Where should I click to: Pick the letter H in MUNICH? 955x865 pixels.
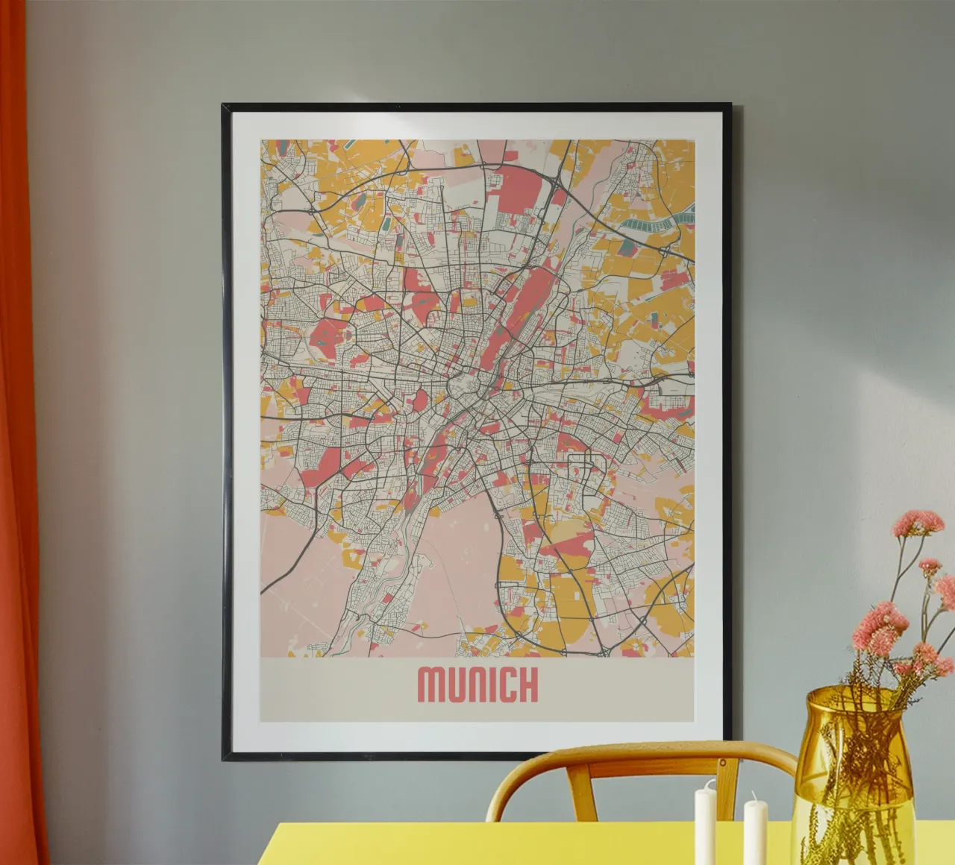tap(528, 685)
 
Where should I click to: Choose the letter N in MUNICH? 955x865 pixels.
tap(477, 685)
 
